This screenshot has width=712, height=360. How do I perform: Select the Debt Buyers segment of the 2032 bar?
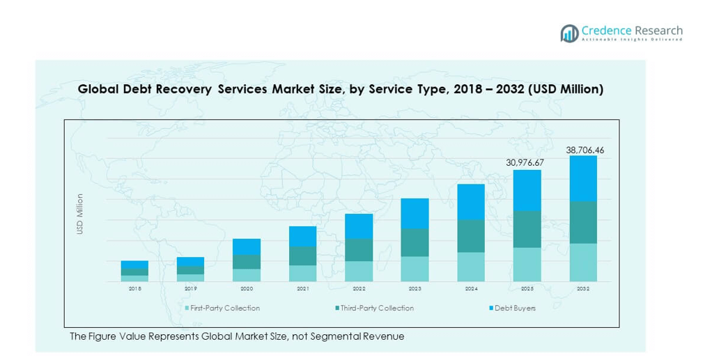583,178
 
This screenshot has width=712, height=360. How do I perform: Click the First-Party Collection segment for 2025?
527,265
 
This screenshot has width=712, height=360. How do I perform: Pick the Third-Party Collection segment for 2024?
471,236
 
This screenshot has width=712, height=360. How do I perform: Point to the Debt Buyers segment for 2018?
134,265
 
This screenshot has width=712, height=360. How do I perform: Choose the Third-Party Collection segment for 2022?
359,250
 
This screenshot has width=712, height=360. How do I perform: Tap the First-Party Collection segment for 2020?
247,275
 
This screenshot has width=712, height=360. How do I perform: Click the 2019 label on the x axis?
190,288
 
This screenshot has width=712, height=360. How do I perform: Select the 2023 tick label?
415,288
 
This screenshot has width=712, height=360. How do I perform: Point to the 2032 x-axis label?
583,288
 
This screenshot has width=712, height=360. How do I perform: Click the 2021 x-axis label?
302,288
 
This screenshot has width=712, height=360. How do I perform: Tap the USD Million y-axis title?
80,214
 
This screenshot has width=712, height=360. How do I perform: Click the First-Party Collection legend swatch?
187,308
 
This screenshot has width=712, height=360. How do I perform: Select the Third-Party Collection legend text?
377,308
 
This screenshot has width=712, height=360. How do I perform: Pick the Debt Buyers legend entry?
515,308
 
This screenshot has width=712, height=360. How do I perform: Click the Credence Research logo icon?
569,33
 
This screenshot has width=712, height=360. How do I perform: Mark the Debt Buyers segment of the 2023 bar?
415,213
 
